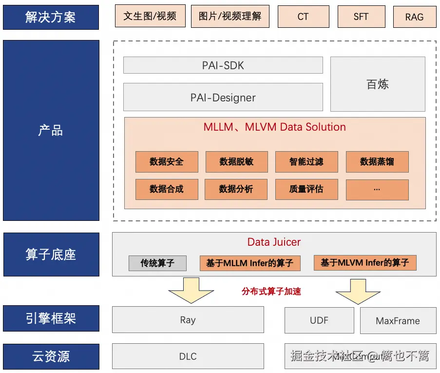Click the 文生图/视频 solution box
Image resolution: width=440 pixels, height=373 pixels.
(150, 16)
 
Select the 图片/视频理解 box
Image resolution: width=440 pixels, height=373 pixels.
(230, 16)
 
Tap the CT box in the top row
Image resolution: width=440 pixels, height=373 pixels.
(303, 17)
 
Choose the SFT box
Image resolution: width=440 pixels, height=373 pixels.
(361, 17)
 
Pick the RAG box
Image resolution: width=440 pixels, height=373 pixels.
(414, 17)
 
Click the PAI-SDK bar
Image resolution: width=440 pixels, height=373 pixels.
(223, 65)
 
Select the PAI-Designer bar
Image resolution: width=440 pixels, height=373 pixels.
(223, 97)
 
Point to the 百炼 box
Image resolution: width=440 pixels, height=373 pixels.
(378, 84)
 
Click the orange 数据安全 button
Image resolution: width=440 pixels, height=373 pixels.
(167, 162)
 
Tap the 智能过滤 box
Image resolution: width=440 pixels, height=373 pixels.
(306, 162)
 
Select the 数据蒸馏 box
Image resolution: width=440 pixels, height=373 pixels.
(377, 162)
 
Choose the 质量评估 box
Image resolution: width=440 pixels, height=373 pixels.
(306, 189)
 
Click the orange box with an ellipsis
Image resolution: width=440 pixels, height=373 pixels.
(377, 189)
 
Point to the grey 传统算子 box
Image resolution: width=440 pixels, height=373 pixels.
(157, 263)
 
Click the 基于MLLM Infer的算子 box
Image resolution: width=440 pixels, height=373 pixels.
(250, 263)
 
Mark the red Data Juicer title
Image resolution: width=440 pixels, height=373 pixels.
(274, 242)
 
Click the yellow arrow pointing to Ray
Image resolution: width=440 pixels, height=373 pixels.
(188, 291)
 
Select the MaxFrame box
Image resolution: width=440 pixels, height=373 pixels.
(398, 320)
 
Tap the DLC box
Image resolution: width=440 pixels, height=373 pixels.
(188, 356)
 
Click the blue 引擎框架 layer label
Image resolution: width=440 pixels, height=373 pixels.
(51, 318)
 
